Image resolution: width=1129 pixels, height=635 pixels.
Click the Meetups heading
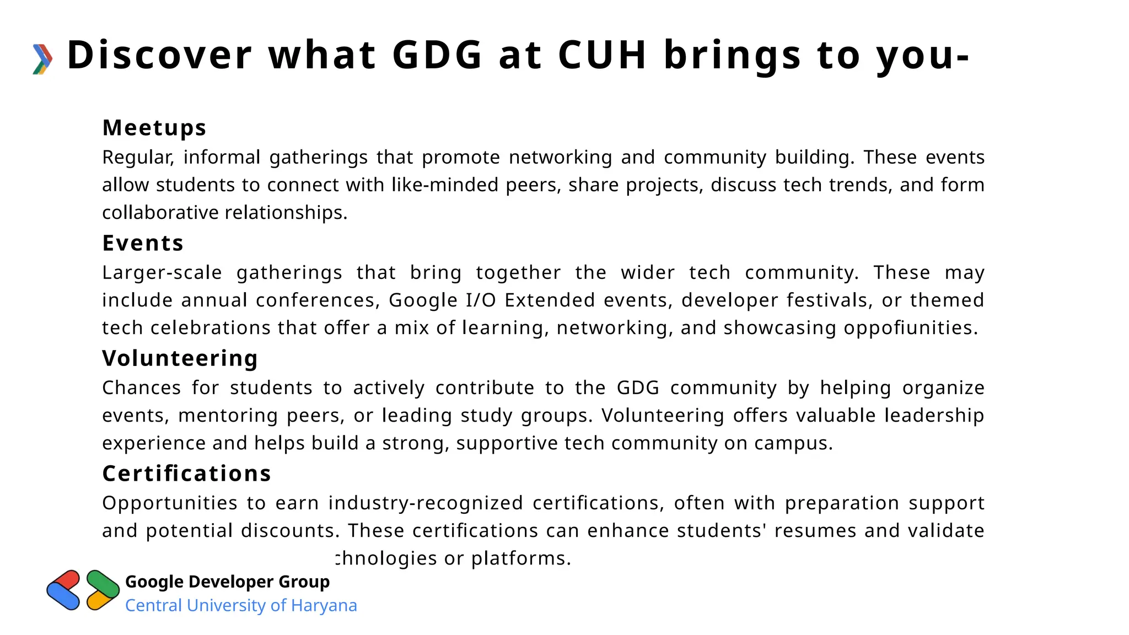click(x=154, y=128)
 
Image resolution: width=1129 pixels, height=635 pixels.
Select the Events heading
click(x=143, y=243)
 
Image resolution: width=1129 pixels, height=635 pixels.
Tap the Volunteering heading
click(x=180, y=358)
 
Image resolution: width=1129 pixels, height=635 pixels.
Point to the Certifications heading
click(x=187, y=473)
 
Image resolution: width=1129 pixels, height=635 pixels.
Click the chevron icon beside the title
click(x=42, y=58)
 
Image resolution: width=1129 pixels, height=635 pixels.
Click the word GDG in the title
click(x=437, y=55)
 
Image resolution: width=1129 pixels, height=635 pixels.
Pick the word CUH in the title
click(x=602, y=55)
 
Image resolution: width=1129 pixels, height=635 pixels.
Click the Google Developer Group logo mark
click(x=83, y=590)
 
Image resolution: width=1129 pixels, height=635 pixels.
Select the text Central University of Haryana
click(x=241, y=605)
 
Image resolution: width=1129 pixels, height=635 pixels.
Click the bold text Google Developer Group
click(x=227, y=582)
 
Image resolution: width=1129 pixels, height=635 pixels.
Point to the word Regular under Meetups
click(x=138, y=158)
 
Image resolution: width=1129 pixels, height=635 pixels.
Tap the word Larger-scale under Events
click(x=162, y=273)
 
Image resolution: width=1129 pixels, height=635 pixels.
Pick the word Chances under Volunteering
click(x=142, y=388)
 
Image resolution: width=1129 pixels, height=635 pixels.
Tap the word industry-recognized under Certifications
click(x=426, y=503)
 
